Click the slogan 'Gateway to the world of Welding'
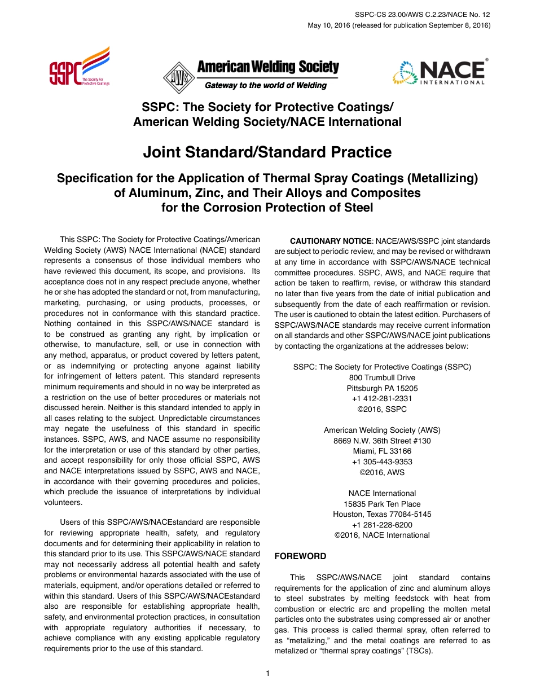tap(265, 86)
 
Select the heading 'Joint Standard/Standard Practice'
tap(267, 152)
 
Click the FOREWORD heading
tap(300, 556)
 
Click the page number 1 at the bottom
tap(268, 673)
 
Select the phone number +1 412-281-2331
tap(382, 399)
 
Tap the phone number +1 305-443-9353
tap(382, 462)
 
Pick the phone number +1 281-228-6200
tap(382, 525)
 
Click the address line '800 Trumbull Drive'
tap(382, 377)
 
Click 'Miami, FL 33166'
tap(382, 451)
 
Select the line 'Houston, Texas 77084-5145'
tap(382, 514)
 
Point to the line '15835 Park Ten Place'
tap(382, 504)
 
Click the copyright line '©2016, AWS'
tap(382, 472)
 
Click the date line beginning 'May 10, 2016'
tap(399, 25)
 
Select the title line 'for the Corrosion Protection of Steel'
tap(267, 208)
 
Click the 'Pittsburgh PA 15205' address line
tap(382, 388)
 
